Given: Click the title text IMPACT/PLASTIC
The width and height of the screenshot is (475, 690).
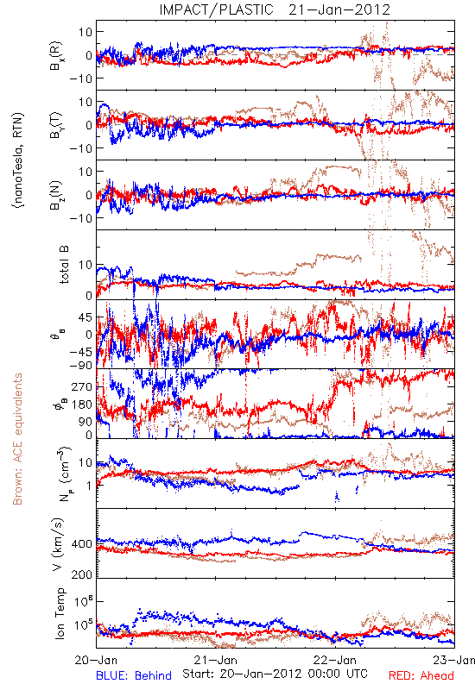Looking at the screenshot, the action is pyautogui.click(x=217, y=9).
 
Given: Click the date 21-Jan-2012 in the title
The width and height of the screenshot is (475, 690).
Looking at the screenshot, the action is pyautogui.click(x=339, y=9).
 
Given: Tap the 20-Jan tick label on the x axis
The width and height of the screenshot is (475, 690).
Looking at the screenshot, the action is pyautogui.click(x=96, y=660).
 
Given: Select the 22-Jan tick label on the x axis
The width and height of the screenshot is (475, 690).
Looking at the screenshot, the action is pyautogui.click(x=335, y=660).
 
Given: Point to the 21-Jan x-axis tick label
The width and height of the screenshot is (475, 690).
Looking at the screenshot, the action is pyautogui.click(x=216, y=660).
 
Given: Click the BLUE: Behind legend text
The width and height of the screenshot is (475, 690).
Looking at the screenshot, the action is pyautogui.click(x=134, y=675).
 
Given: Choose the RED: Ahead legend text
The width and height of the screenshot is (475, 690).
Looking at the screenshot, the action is pyautogui.click(x=421, y=675).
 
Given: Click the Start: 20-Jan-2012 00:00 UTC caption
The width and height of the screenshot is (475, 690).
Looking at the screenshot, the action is pyautogui.click(x=275, y=674).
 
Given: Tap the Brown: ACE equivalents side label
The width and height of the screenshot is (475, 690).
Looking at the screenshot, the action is pyautogui.click(x=17, y=439).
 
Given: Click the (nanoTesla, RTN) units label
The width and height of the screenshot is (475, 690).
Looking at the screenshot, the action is pyautogui.click(x=18, y=160).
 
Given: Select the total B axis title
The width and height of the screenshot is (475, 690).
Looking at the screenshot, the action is pyautogui.click(x=64, y=265).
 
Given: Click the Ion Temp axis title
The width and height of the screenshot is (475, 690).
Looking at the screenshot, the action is pyautogui.click(x=60, y=613).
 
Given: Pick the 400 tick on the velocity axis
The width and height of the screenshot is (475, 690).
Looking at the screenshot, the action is pyautogui.click(x=82, y=544).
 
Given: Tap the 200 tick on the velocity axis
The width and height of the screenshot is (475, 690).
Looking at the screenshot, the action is pyautogui.click(x=82, y=574).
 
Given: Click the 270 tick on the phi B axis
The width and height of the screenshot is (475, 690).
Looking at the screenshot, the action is pyautogui.click(x=82, y=386).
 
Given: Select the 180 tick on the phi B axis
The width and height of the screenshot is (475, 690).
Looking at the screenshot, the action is pyautogui.click(x=82, y=404).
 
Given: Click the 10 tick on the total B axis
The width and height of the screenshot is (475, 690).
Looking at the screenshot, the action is pyautogui.click(x=85, y=265).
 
